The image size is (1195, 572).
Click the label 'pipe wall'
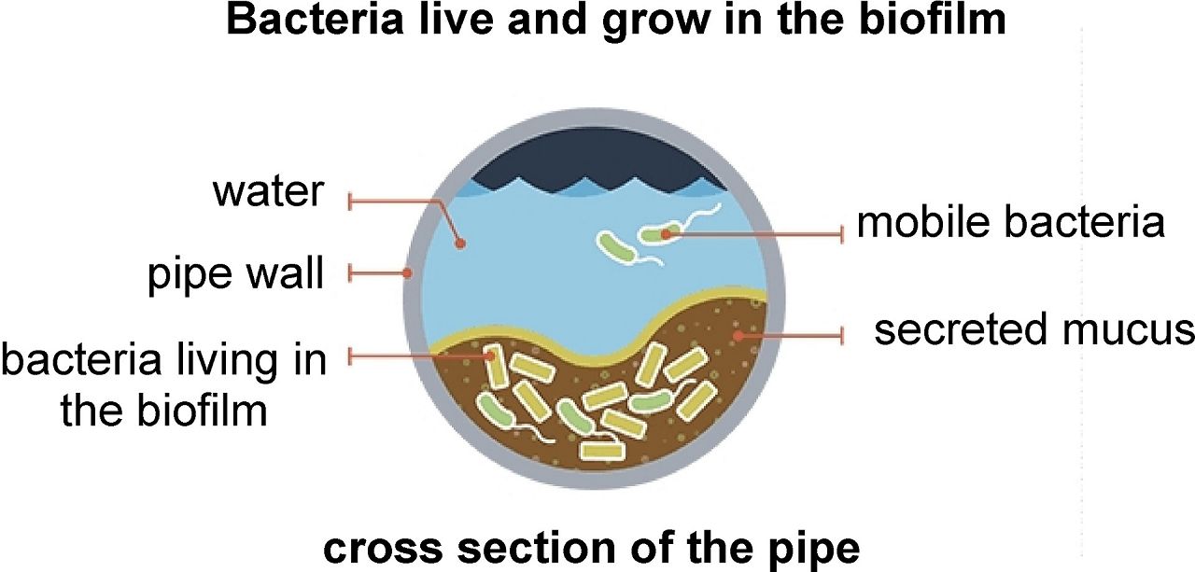click(235, 274)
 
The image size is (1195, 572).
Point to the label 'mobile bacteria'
click(1011, 224)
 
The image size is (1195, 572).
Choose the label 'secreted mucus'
click(1033, 330)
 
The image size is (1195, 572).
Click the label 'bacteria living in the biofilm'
click(164, 384)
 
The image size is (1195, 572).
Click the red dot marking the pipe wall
click(408, 273)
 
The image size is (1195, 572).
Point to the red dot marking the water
click(459, 244)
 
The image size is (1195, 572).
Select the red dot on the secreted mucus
click(737, 333)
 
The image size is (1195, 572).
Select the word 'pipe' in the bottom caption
click(814, 550)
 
